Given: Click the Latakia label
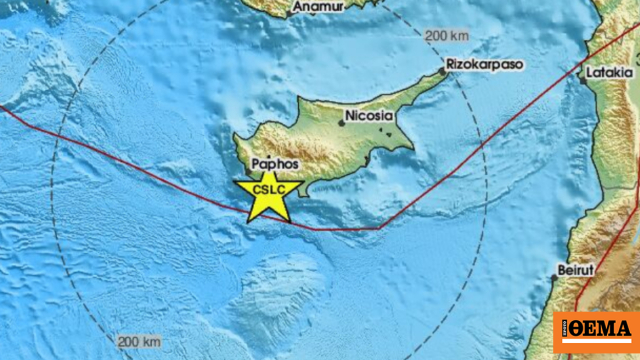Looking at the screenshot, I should point(609,72).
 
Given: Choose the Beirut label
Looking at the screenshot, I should point(575,270).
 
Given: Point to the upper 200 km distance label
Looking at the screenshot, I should point(446,36).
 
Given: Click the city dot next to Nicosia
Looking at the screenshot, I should point(342,122).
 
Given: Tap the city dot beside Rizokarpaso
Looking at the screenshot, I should point(443,71).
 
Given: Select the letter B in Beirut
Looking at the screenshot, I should point(561,270).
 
